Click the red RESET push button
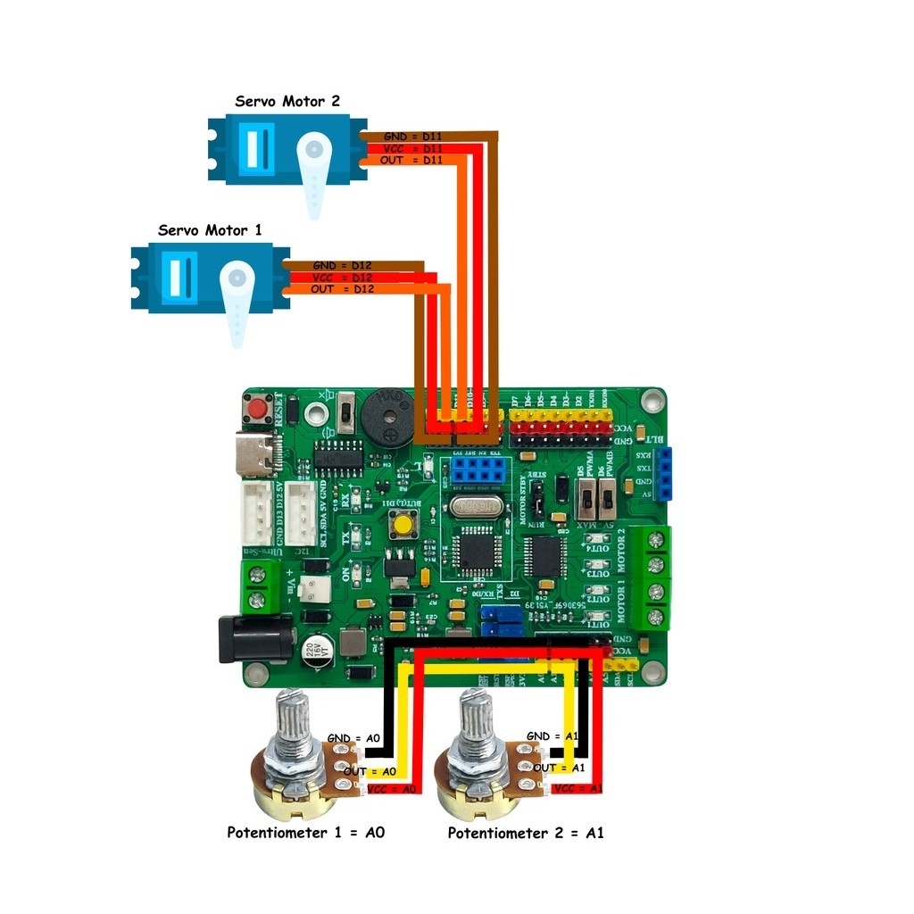pyautogui.click(x=259, y=410)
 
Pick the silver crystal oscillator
pyautogui.click(x=471, y=507)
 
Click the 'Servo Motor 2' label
pyautogui.click(x=287, y=102)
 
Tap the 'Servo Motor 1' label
pyautogui.click(x=211, y=230)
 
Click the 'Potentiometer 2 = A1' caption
pyautogui.click(x=526, y=833)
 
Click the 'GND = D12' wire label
pyautogui.click(x=342, y=266)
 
